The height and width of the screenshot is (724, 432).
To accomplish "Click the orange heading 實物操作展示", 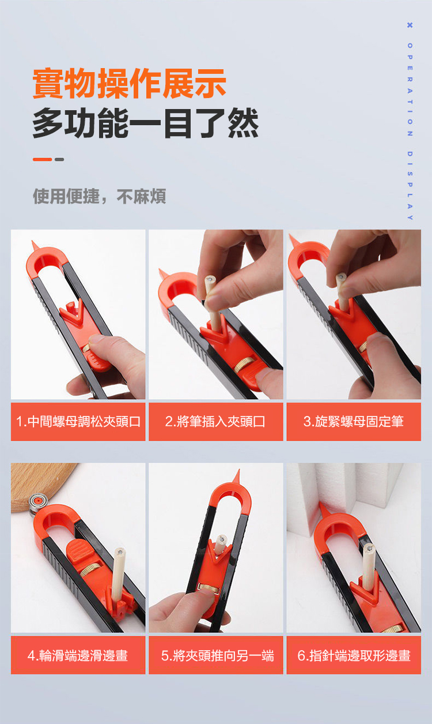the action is coord(130,84).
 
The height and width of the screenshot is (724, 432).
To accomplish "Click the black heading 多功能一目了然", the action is coord(146,123).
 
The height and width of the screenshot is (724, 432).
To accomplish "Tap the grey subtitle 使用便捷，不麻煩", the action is coord(100,196).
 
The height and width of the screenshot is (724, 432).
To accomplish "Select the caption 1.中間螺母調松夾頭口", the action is coord(78,422).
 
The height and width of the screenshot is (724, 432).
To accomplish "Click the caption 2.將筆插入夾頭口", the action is coord(215,422).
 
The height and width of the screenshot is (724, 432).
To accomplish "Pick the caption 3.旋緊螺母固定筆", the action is coord(354,422).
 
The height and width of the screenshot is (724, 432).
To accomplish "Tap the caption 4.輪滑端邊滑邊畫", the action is coord(78,656).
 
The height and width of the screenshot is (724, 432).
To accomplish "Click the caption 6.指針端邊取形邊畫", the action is coord(354,656).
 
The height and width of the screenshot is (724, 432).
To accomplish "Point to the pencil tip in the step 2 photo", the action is coord(210,279).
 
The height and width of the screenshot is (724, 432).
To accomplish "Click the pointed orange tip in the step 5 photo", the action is coord(238,476).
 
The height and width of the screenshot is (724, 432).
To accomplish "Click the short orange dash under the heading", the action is coord(42,159).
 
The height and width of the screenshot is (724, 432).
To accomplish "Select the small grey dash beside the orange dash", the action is coord(59,159).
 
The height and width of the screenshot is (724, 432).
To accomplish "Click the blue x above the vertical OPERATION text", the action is coord(410,25).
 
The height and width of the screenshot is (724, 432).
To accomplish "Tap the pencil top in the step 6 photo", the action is coord(369,548).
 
